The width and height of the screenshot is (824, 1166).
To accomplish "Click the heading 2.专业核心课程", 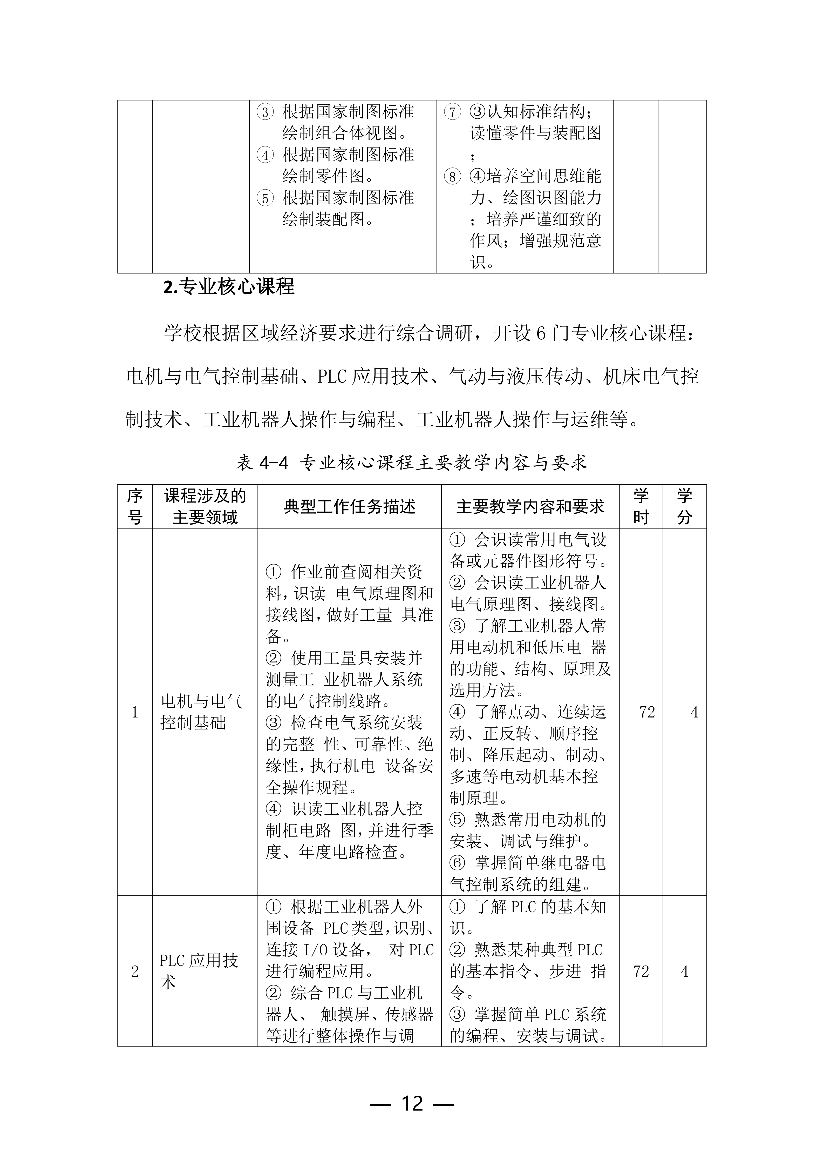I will pos(229,287).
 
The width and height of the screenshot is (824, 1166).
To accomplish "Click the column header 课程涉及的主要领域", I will pos(205,506).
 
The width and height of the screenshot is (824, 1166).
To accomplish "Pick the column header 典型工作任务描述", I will pos(350,506).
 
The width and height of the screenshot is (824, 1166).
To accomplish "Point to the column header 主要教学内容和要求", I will pos(530,506).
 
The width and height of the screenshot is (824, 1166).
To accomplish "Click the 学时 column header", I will pos(641,506).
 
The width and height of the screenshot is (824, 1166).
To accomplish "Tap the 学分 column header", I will pos(684,506).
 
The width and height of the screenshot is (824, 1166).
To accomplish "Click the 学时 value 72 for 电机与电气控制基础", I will pos(647,713).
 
